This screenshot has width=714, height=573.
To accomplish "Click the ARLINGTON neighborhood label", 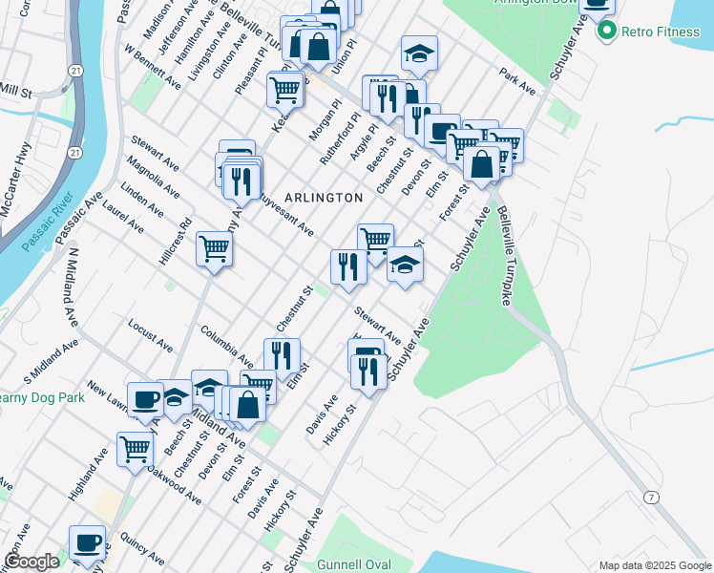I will click(322, 198).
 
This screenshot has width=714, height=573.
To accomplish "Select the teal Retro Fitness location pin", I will click(605, 32).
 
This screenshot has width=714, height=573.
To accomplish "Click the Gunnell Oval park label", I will click(361, 564).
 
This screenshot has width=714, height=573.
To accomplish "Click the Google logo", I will click(31, 562).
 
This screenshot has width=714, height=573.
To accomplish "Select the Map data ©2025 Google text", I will click(654, 565).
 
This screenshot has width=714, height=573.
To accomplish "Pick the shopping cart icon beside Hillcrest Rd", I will click(214, 248).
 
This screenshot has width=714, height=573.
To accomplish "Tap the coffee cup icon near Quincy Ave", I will click(88, 541).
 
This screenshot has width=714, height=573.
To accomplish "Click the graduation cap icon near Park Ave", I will click(418, 53).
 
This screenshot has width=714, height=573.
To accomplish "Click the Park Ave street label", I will click(517, 81).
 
